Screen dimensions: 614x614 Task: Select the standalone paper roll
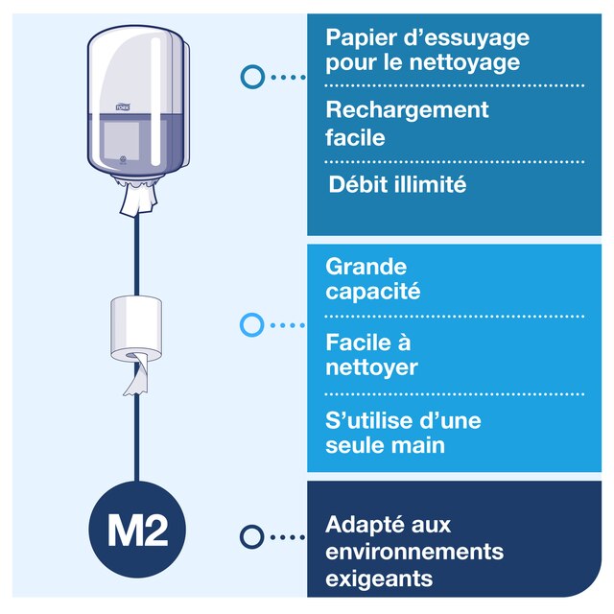[138, 327]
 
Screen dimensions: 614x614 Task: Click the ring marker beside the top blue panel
[252, 77]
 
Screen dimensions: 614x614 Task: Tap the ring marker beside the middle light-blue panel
[251, 325]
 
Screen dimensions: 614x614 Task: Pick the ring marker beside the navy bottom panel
[252, 537]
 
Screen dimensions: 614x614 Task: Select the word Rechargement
[407, 110]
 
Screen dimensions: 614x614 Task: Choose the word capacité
[373, 292]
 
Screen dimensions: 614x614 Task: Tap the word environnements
[414, 552]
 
